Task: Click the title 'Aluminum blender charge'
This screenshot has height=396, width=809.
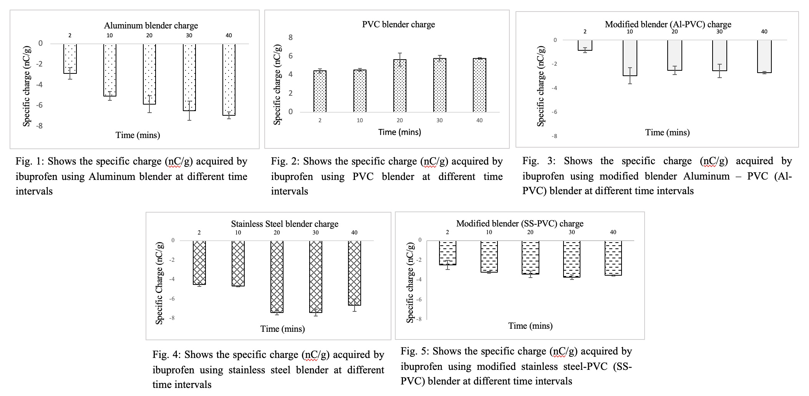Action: [x=151, y=26]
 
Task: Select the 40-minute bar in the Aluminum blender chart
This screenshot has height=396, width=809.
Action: [x=229, y=80]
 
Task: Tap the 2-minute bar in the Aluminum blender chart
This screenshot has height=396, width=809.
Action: [x=70, y=59]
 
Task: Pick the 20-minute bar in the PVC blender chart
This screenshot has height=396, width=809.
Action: [x=400, y=86]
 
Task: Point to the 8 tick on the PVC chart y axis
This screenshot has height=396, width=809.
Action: [x=291, y=37]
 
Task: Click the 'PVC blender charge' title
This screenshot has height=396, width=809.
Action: [x=398, y=25]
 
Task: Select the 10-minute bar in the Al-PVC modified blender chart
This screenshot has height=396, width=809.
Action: [x=630, y=58]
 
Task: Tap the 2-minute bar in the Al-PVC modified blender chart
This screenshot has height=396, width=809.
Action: [x=585, y=45]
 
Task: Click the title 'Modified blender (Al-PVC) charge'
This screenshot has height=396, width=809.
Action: [x=668, y=25]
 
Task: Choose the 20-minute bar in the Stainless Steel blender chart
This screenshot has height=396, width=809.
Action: [x=277, y=277]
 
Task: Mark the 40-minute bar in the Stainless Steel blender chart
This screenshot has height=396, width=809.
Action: [x=355, y=273]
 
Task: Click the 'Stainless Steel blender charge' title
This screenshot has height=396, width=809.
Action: [x=285, y=224]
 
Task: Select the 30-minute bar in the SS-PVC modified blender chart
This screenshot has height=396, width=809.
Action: [x=572, y=259]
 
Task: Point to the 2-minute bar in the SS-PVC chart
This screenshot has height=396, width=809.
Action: [x=448, y=253]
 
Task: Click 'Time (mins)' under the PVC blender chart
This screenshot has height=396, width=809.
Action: [x=400, y=132]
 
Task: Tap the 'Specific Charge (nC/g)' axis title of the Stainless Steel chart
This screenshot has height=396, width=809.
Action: [x=159, y=283]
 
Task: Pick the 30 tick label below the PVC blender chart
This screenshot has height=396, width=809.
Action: [x=439, y=120]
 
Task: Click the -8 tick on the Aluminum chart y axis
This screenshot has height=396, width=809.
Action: [x=40, y=126]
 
